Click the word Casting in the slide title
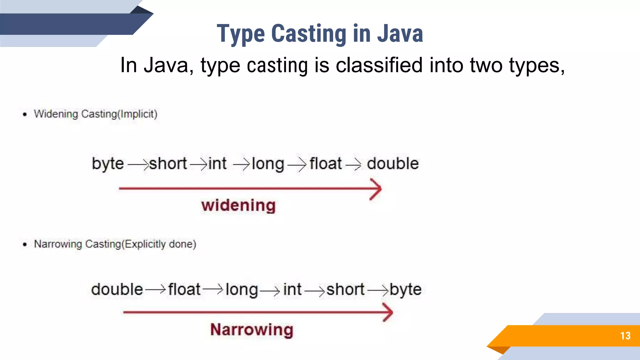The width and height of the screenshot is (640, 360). click(x=309, y=33)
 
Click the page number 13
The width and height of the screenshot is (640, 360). click(x=625, y=336)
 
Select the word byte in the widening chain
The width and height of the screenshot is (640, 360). click(x=108, y=164)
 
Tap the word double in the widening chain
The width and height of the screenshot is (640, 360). click(x=392, y=163)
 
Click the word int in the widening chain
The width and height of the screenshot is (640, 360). click(x=217, y=163)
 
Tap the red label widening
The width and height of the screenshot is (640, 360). click(x=238, y=206)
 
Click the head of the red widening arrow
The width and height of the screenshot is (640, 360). click(x=377, y=189)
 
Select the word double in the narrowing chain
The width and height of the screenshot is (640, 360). click(x=117, y=289)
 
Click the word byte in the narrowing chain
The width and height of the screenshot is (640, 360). click(x=405, y=290)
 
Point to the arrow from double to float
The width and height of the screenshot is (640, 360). click(x=155, y=290)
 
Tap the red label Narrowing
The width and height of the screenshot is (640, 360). click(x=252, y=330)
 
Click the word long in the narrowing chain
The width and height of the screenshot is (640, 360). click(x=242, y=290)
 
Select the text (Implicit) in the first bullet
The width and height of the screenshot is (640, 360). click(x=137, y=114)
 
